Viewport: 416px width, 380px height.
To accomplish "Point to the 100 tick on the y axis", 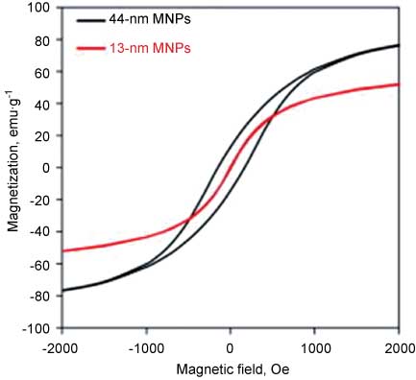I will tap(38, 8).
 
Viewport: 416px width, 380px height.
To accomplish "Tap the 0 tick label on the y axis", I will tap(45, 168).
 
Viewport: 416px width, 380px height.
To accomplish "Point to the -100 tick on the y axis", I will tap(36, 328).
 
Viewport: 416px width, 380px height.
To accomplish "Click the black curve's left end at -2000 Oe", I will tap(62, 291).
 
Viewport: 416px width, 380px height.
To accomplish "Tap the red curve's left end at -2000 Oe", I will tap(62, 251).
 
